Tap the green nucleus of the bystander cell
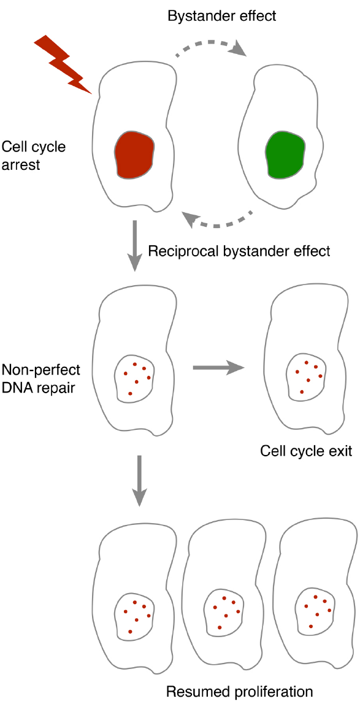pyautogui.click(x=285, y=154)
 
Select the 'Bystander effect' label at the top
pyautogui.click(x=222, y=15)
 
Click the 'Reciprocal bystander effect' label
pyautogui.click(x=239, y=251)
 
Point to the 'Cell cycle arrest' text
pyautogui.click(x=34, y=156)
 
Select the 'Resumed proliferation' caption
pyautogui.click(x=239, y=691)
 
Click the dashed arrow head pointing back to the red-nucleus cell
pyautogui.click(x=191, y=218)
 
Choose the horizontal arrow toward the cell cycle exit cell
pyautogui.click(x=218, y=368)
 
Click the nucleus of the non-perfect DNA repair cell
pyautogui.click(x=135, y=378)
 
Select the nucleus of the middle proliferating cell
pyautogui.click(x=224, y=612)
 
